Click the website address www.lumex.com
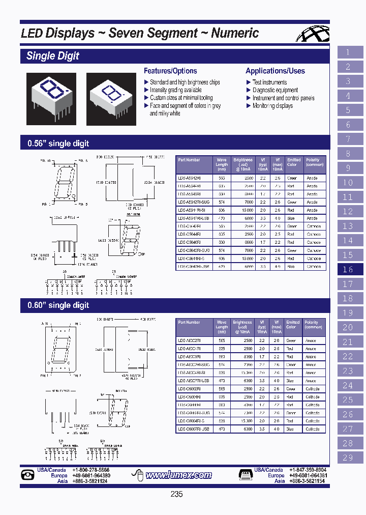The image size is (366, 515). click(x=178, y=475)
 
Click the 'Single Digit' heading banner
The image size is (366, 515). click(x=53, y=56)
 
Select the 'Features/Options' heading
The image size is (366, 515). click(x=170, y=71)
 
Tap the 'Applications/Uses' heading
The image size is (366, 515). click(x=275, y=71)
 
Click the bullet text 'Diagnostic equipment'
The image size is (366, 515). click(x=275, y=90)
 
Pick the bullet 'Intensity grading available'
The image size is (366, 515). click(x=175, y=90)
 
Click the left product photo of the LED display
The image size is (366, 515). click(x=51, y=98)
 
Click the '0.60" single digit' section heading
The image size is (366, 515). click(x=58, y=305)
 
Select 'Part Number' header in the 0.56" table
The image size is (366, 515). click(x=189, y=160)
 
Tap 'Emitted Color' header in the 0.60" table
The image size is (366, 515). click(x=293, y=325)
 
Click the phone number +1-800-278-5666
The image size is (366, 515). click(x=90, y=470)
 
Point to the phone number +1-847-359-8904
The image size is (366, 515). click(x=308, y=470)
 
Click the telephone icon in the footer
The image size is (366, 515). click(x=27, y=475)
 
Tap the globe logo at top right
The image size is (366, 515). click(x=314, y=35)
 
